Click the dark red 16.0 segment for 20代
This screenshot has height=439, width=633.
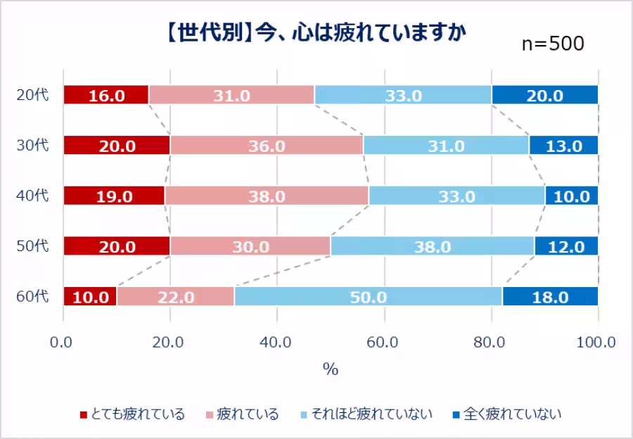(x=106, y=95)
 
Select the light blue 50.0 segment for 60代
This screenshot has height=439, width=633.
(x=368, y=296)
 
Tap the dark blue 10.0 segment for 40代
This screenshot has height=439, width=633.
(x=571, y=196)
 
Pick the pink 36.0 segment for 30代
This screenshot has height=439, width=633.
(x=267, y=146)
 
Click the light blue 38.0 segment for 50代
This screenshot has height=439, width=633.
(x=433, y=246)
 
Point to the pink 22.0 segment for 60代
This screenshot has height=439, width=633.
(x=175, y=296)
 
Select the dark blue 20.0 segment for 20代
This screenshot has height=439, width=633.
(x=544, y=95)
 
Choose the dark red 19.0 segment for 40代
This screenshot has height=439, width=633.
(x=115, y=196)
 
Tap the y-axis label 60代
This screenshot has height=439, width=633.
(x=32, y=296)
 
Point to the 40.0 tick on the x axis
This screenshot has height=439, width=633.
(x=277, y=343)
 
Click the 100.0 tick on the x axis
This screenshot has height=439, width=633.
(x=596, y=343)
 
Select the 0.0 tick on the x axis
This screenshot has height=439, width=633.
(x=64, y=343)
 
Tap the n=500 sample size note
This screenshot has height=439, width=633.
(x=553, y=44)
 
